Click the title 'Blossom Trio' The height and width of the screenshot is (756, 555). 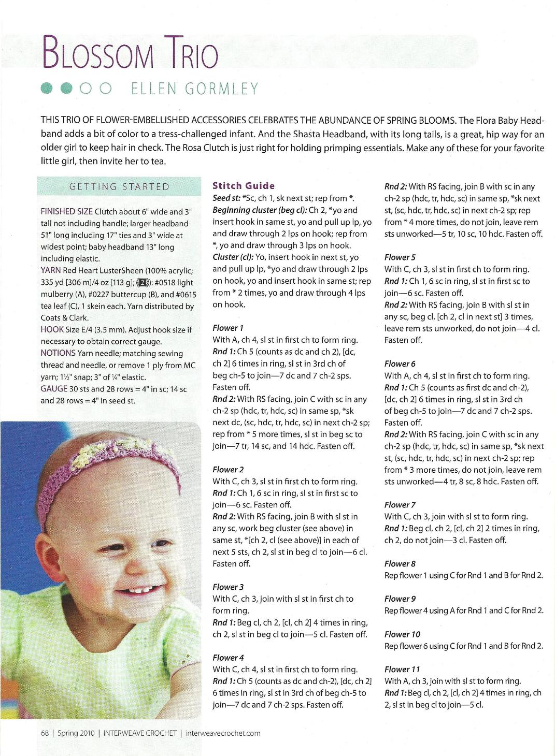pos(131,52)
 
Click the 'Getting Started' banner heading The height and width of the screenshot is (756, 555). pos(120,187)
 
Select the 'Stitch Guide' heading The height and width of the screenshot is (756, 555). pos(244,186)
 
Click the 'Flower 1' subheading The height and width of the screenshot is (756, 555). pos(228,328)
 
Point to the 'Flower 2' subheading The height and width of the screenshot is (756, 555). pos(228,470)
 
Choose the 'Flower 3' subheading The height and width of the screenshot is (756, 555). pos(228,587)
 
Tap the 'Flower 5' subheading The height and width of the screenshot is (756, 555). pos(400,257)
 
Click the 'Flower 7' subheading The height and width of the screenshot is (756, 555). pos(400,505)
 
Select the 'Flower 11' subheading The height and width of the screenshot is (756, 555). pos(402,670)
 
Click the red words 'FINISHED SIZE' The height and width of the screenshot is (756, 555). pos(66,211)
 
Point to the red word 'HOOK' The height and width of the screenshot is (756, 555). pos(52,330)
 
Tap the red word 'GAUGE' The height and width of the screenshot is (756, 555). pos(54,389)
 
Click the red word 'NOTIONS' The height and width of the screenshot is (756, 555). pos(58,354)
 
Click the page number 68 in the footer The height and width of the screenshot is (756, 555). pos(45,733)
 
